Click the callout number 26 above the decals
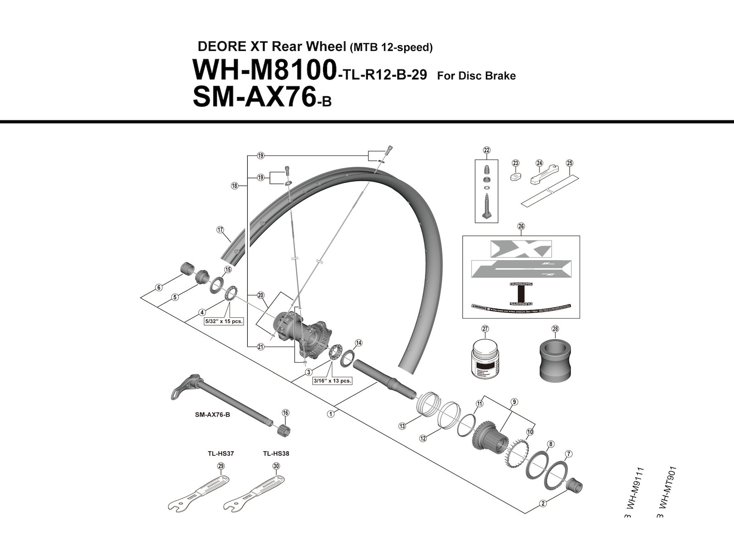[521, 226]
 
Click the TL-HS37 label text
[220, 454]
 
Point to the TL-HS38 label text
[276, 454]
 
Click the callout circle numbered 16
[285, 413]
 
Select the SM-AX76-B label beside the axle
[212, 415]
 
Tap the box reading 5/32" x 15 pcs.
[223, 321]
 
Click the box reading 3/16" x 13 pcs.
[333, 381]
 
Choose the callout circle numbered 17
[220, 230]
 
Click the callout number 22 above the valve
[486, 150]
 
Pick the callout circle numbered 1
[330, 414]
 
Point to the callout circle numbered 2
[543, 503]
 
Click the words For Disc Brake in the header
[476, 76]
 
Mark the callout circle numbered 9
[515, 402]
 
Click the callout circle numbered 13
[402, 426]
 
